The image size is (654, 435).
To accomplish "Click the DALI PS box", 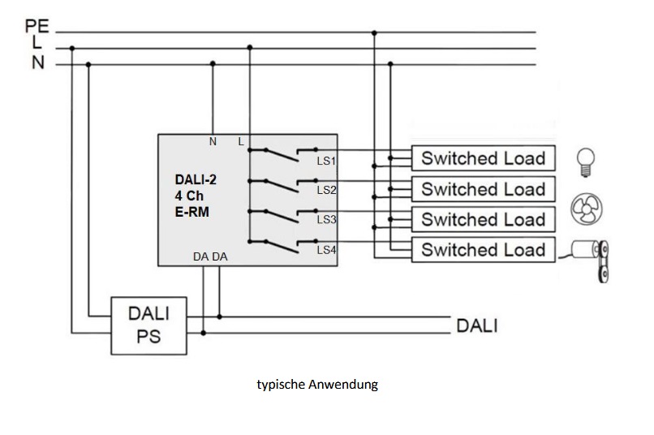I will [x=149, y=324].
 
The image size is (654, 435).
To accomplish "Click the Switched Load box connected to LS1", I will [x=483, y=158].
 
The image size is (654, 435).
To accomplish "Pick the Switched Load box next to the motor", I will [x=483, y=249].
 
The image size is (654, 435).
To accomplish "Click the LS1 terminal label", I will [x=326, y=161].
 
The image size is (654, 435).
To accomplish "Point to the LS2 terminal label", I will [x=326, y=190].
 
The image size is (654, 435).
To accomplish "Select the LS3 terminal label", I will [x=326, y=220].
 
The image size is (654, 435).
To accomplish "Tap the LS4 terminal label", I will [x=326, y=250].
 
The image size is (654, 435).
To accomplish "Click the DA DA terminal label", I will [x=209, y=256].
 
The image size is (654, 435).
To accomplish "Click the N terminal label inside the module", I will [x=213, y=141].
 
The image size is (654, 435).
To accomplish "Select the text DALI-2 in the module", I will [x=196, y=180].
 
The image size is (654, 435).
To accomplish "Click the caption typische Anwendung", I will [x=317, y=385].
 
